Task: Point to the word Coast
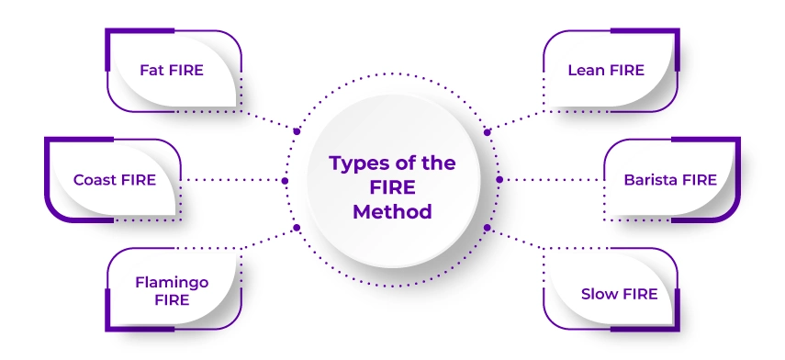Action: tap(95, 180)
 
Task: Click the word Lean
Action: tap(586, 71)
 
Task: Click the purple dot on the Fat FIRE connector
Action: tap(297, 131)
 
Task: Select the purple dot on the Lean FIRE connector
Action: tap(488, 131)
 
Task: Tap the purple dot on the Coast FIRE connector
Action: tap(285, 180)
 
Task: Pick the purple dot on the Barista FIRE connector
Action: tap(499, 180)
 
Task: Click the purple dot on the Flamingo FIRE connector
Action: tap(297, 228)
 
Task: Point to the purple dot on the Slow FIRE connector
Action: tap(488, 228)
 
